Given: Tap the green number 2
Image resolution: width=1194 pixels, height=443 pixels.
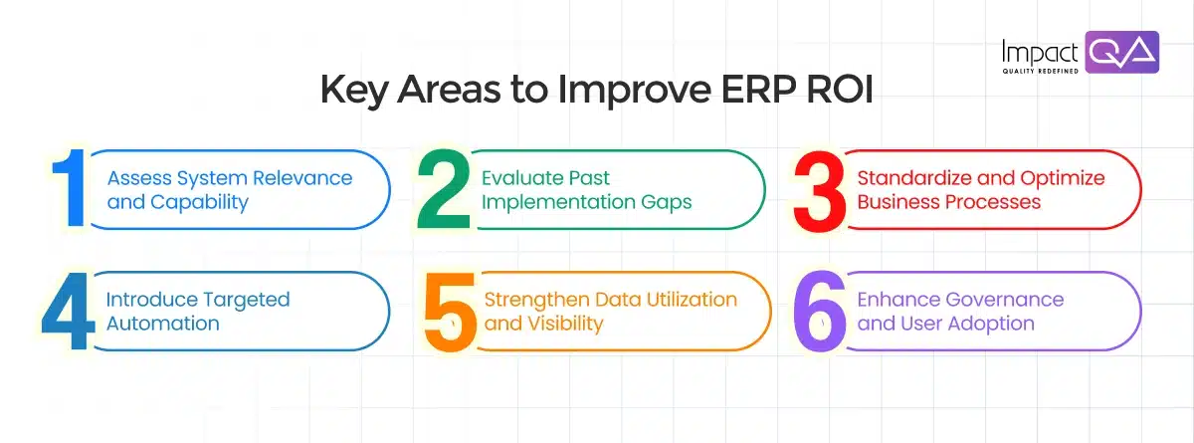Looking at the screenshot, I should click(444, 190).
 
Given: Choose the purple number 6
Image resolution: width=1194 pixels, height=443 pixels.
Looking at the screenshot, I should click(821, 311).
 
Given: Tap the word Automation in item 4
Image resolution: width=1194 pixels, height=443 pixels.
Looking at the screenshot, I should click(162, 324).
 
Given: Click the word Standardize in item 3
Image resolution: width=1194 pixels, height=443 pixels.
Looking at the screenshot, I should click(910, 178).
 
